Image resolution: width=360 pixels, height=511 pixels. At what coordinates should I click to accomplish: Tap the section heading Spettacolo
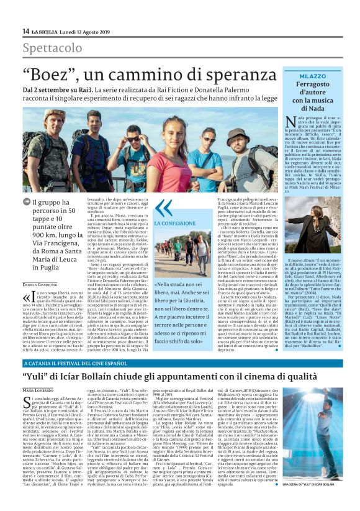point(52,48)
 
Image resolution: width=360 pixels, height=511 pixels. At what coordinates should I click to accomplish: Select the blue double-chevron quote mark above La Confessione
point(163,208)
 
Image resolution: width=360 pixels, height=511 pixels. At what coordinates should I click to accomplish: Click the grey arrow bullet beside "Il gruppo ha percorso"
point(25,202)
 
